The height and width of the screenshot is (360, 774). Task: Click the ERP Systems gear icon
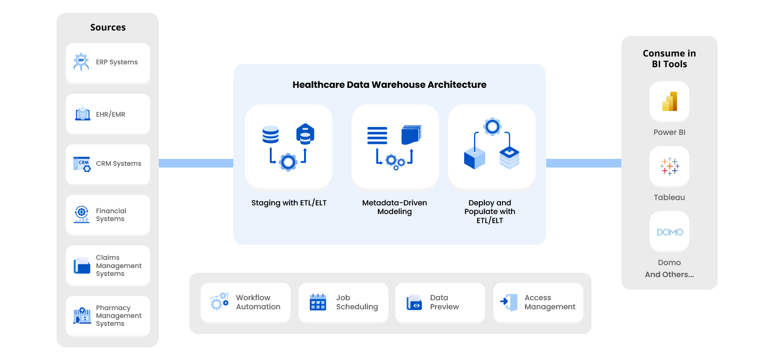(81, 61)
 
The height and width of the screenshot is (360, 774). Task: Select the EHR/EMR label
(111, 114)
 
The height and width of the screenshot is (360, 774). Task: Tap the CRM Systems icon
(82, 164)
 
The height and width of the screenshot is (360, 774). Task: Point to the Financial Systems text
(111, 215)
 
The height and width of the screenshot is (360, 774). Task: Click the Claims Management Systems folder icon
(82, 266)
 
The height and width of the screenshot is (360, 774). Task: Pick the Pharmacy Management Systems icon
(82, 316)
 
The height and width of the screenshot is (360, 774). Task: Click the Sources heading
(108, 27)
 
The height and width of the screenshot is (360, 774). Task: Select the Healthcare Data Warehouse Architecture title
(389, 85)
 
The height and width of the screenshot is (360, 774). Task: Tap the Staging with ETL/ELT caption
(289, 203)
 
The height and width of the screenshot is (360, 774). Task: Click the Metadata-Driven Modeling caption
(394, 207)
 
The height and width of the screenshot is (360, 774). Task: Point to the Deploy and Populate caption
(489, 212)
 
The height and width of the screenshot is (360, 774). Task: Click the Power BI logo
(669, 101)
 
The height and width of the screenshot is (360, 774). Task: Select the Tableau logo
(669, 166)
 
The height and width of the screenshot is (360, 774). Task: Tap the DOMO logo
(669, 232)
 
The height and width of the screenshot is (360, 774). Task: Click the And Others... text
(669, 275)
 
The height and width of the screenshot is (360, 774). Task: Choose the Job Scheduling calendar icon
(318, 302)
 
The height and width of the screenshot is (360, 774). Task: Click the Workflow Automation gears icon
(219, 302)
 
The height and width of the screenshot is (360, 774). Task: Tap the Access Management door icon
(509, 302)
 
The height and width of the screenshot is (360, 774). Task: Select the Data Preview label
(444, 302)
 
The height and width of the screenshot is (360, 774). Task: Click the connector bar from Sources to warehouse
(196, 163)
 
